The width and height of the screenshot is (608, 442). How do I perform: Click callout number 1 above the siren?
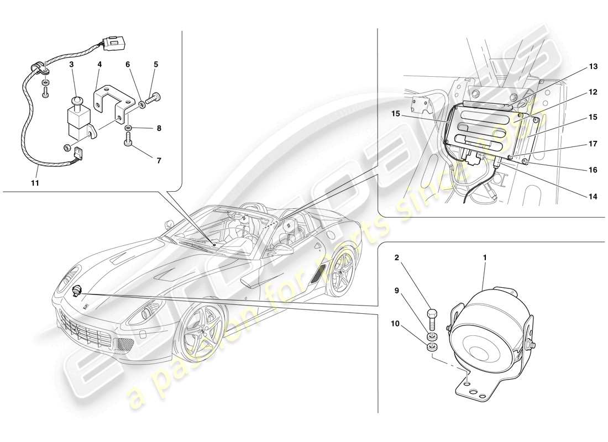point(485,257)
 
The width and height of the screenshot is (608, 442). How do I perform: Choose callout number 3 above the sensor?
point(72,65)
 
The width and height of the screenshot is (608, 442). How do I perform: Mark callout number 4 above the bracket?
point(100,65)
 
